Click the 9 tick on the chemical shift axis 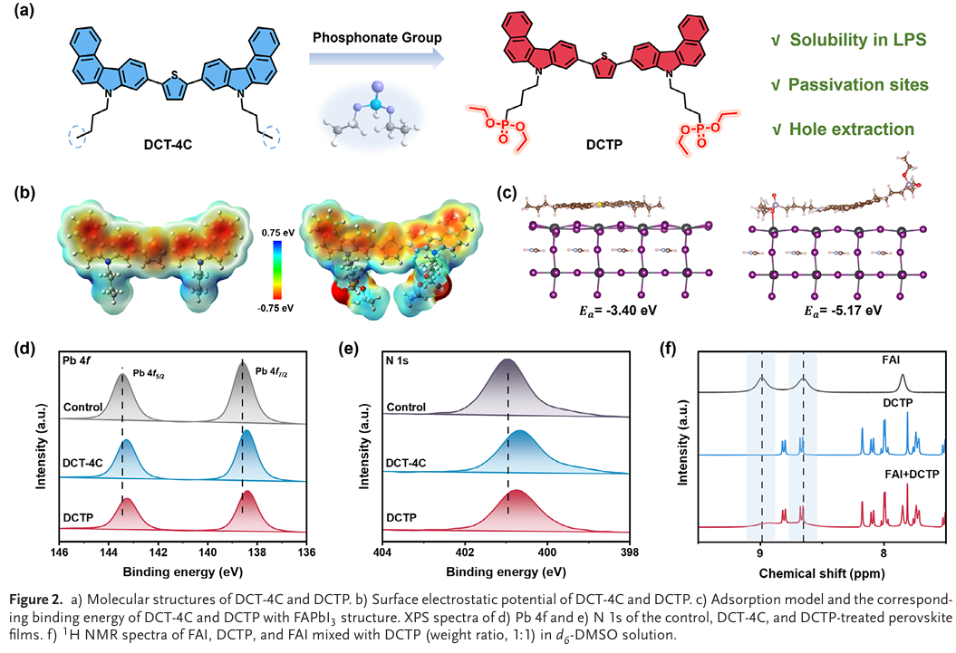click(761, 552)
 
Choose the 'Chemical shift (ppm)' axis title click(822, 572)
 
